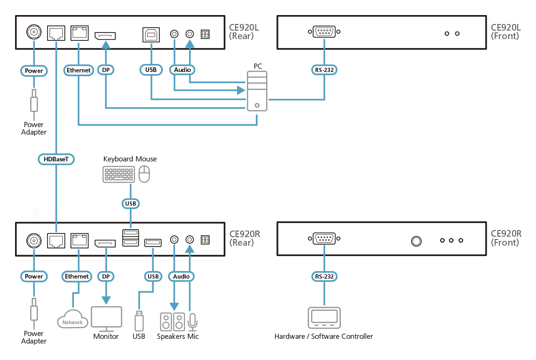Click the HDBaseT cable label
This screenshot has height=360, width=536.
pyautogui.click(x=56, y=159)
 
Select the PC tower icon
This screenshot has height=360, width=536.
pyautogui.click(x=257, y=91)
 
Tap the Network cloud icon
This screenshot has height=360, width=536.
pyautogui.click(x=72, y=319)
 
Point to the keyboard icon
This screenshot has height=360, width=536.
pyautogui.click(x=118, y=175)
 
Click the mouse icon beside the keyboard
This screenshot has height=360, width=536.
pyautogui.click(x=144, y=174)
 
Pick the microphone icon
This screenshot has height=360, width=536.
pyautogui.click(x=192, y=322)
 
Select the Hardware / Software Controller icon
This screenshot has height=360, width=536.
pyautogui.click(x=324, y=318)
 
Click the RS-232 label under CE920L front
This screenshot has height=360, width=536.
pyautogui.click(x=324, y=70)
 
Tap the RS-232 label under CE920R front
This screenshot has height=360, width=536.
pyautogui.click(x=324, y=276)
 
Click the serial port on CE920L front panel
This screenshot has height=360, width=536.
pyautogui.click(x=324, y=32)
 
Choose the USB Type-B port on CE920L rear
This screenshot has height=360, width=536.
pyautogui.click(x=151, y=35)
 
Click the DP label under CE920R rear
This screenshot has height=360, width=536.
pyautogui.click(x=106, y=276)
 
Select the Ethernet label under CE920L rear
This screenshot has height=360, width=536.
pyautogui.click(x=79, y=70)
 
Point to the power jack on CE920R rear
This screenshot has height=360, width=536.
pyautogui.click(x=34, y=240)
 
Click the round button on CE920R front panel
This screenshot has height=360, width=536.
pyautogui.click(x=416, y=241)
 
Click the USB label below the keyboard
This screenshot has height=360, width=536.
pyautogui.click(x=131, y=204)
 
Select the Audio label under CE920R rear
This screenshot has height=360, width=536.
pyautogui.click(x=181, y=276)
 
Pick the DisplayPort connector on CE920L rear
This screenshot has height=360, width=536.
pyautogui.click(x=105, y=36)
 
